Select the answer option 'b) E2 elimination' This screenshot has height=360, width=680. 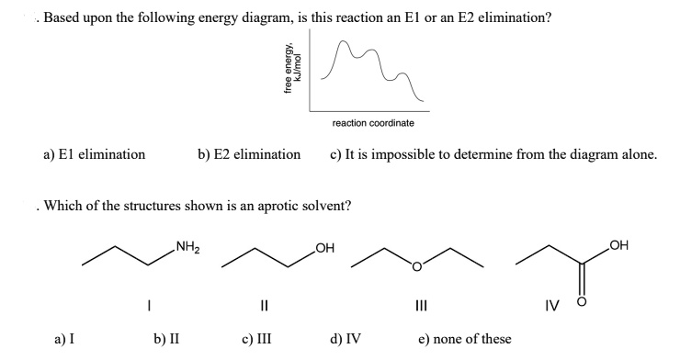pos(249,155)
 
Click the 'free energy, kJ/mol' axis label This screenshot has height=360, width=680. pos(292,69)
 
